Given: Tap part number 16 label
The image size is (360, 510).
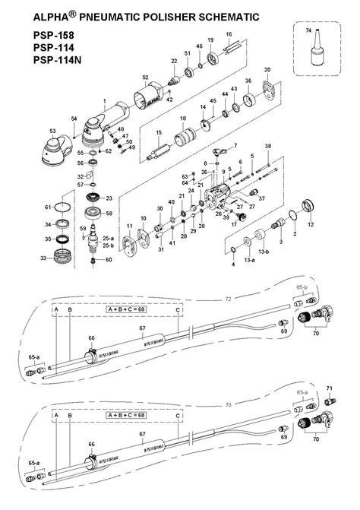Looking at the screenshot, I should (x=229, y=35).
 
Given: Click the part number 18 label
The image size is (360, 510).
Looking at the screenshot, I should (x=183, y=119).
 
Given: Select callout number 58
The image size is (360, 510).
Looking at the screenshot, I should (x=109, y=214).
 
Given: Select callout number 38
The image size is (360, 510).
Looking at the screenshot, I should (x=267, y=145).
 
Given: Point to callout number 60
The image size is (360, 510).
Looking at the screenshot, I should (x=109, y=260).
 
